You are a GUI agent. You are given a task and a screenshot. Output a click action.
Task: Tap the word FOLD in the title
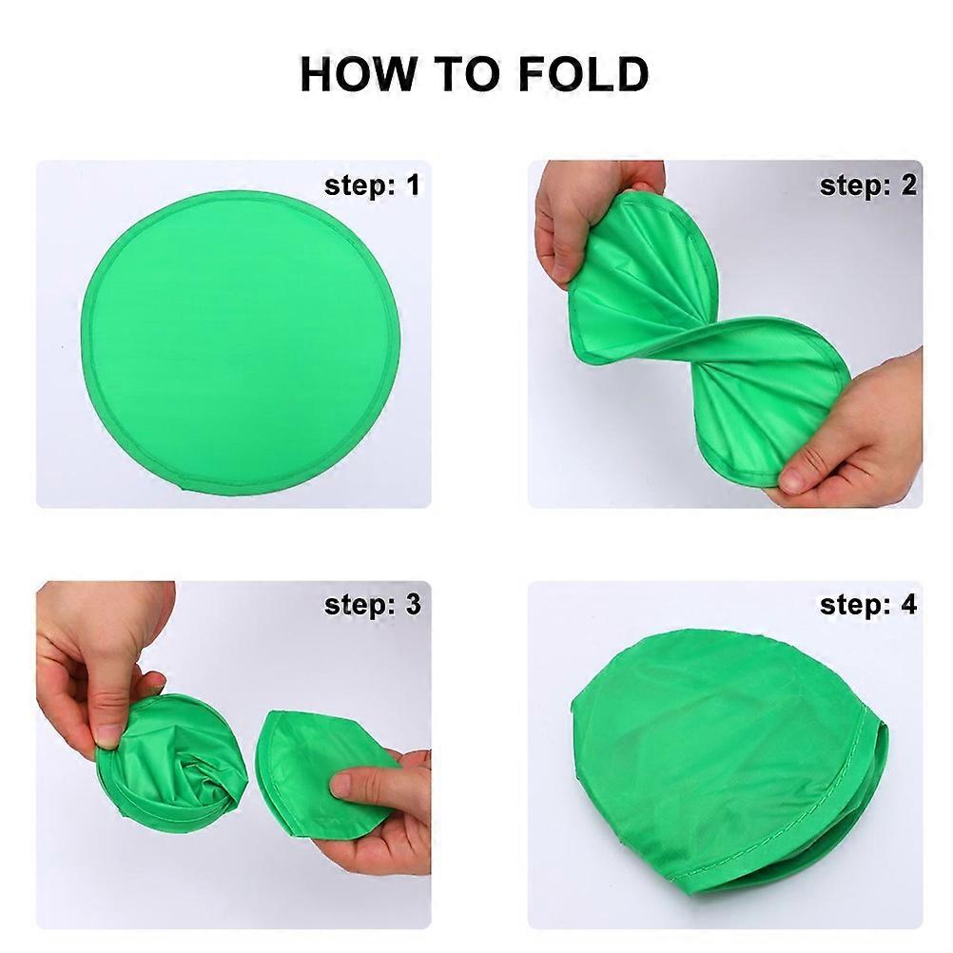[584, 73]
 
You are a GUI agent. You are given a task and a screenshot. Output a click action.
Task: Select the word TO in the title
[465, 73]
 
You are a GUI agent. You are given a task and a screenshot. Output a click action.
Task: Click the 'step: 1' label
[372, 185]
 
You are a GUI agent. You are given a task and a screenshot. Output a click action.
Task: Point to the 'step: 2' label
[868, 185]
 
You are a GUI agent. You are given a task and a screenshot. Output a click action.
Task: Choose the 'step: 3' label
[372, 605]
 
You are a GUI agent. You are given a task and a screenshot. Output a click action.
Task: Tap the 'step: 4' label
[868, 605]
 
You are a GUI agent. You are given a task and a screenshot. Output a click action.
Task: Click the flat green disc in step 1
[241, 342]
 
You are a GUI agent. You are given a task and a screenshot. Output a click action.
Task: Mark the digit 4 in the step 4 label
[908, 605]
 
